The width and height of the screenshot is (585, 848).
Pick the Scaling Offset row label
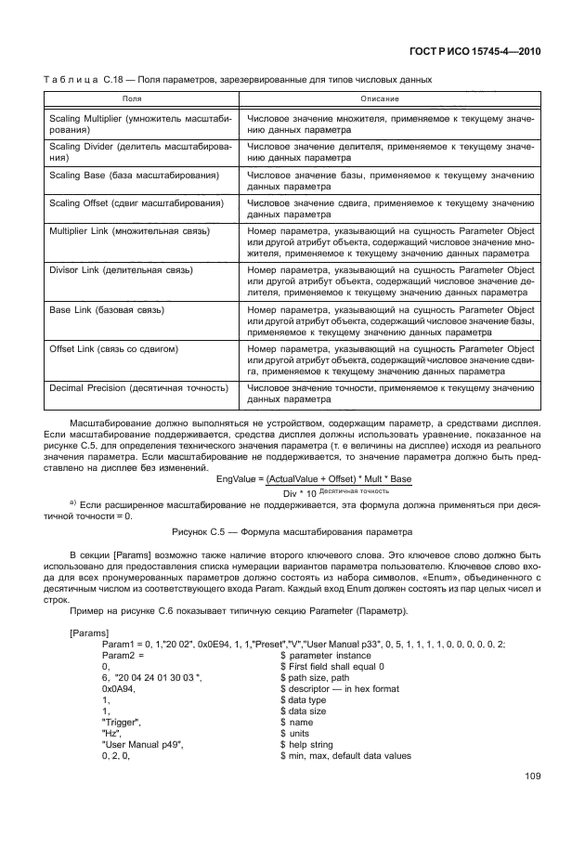(x=135, y=202)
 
